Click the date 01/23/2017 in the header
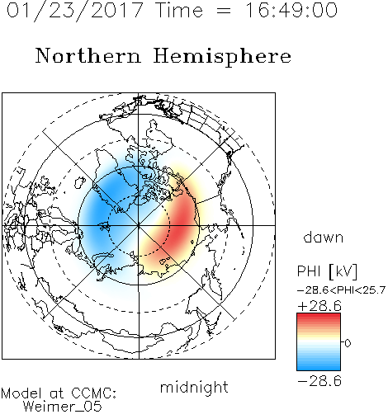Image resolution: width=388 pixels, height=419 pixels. click(74, 11)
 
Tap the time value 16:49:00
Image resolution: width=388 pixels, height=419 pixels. click(291, 10)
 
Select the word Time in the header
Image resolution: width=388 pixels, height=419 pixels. click(179, 10)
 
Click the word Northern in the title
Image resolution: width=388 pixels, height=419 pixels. click(88, 55)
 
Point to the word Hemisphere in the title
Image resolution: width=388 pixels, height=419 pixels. click(222, 57)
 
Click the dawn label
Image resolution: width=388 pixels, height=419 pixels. click(324, 238)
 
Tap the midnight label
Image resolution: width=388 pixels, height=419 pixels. click(194, 387)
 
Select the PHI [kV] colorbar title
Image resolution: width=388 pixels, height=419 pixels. click(327, 271)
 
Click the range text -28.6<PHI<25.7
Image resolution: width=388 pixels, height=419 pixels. click(342, 290)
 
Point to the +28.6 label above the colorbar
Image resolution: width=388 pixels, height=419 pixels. click(319, 306)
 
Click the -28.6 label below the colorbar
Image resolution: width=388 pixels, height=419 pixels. click(319, 381)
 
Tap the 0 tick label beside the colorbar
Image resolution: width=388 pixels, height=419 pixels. click(348, 343)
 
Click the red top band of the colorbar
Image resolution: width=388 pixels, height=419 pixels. click(319, 316)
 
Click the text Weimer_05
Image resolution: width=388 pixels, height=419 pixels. click(63, 407)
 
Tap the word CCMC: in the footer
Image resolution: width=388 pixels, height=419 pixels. click(94, 393)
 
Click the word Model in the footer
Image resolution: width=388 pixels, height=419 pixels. click(21, 393)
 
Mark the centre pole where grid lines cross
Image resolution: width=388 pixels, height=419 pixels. click(139, 225)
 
